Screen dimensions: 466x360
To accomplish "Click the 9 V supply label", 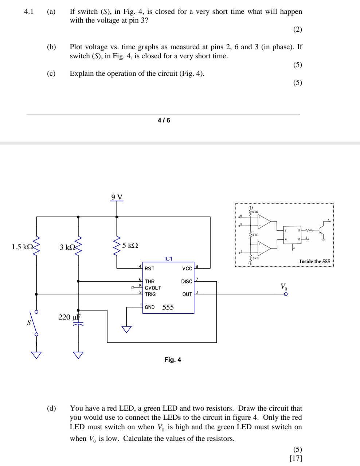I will pos(117,197).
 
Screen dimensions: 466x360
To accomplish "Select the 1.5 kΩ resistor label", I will pos(22,247).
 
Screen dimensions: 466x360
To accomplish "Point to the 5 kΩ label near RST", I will pos(130,245).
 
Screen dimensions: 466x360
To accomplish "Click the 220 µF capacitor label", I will pos(69,317).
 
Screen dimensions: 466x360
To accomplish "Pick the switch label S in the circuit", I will pos(29,322).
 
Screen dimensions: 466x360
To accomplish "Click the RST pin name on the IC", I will pos(149,269).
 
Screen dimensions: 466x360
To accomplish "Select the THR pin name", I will pos(149,281).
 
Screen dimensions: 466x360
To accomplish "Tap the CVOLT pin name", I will pos(153,288).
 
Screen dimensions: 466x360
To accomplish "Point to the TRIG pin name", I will pos(150,294).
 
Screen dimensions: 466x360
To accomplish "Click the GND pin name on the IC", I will pos(149,307).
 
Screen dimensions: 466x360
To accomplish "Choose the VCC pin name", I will pos(187,269).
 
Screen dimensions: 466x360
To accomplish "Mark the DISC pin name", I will pos(186,281).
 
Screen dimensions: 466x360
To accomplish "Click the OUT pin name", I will pos(187,294).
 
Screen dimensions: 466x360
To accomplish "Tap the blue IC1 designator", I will pos(168,259).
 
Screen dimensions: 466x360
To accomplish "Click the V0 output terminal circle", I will pos(286,294).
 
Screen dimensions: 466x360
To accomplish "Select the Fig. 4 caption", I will pos(172,360).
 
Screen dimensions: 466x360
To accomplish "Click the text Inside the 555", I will pos(314,261).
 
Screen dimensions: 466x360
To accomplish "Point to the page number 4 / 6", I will pos(164,120).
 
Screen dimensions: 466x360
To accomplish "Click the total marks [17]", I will pos(296,458).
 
